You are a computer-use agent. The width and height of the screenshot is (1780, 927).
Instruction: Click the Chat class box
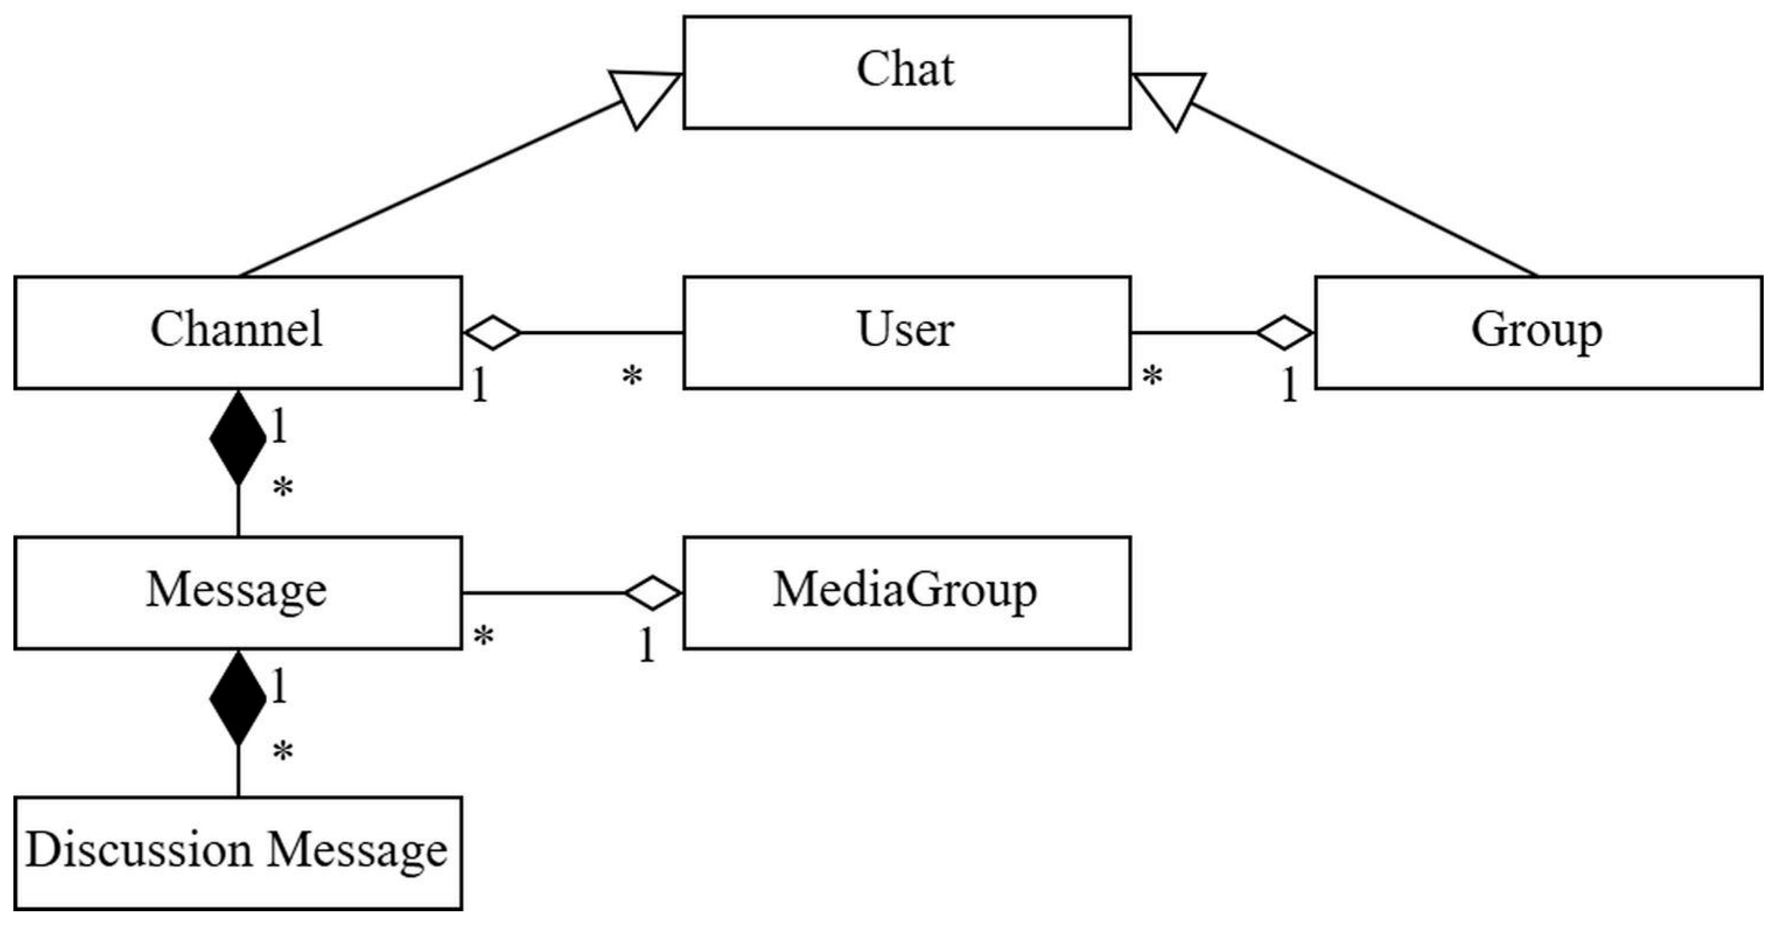pos(906,72)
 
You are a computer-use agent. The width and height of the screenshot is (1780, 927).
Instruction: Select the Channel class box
pos(238,333)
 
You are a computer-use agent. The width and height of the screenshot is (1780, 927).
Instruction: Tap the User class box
pos(906,333)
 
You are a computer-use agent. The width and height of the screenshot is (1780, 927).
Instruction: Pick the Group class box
pos(1538,333)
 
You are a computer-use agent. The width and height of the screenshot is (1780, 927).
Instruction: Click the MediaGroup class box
pos(906,592)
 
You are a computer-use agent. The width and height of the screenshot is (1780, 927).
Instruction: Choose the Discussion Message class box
pos(238,853)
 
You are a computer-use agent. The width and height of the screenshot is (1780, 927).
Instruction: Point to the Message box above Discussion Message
pos(238,592)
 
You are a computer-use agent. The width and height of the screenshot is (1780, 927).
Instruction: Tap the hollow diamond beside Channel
pos(492,333)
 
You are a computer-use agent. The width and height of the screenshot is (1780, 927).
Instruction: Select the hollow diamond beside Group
pos(1285,333)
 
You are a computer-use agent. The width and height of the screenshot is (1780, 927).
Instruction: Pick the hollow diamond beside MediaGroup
pos(653,592)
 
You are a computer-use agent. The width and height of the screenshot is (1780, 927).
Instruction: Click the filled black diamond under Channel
pos(238,438)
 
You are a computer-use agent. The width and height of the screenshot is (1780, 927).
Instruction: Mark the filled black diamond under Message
pos(238,699)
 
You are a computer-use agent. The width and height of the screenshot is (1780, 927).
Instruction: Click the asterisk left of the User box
pos(632,377)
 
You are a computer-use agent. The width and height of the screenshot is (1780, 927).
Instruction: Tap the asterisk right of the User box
pos(1152,377)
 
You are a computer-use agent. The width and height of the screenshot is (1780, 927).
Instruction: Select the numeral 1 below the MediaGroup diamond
pos(646,645)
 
